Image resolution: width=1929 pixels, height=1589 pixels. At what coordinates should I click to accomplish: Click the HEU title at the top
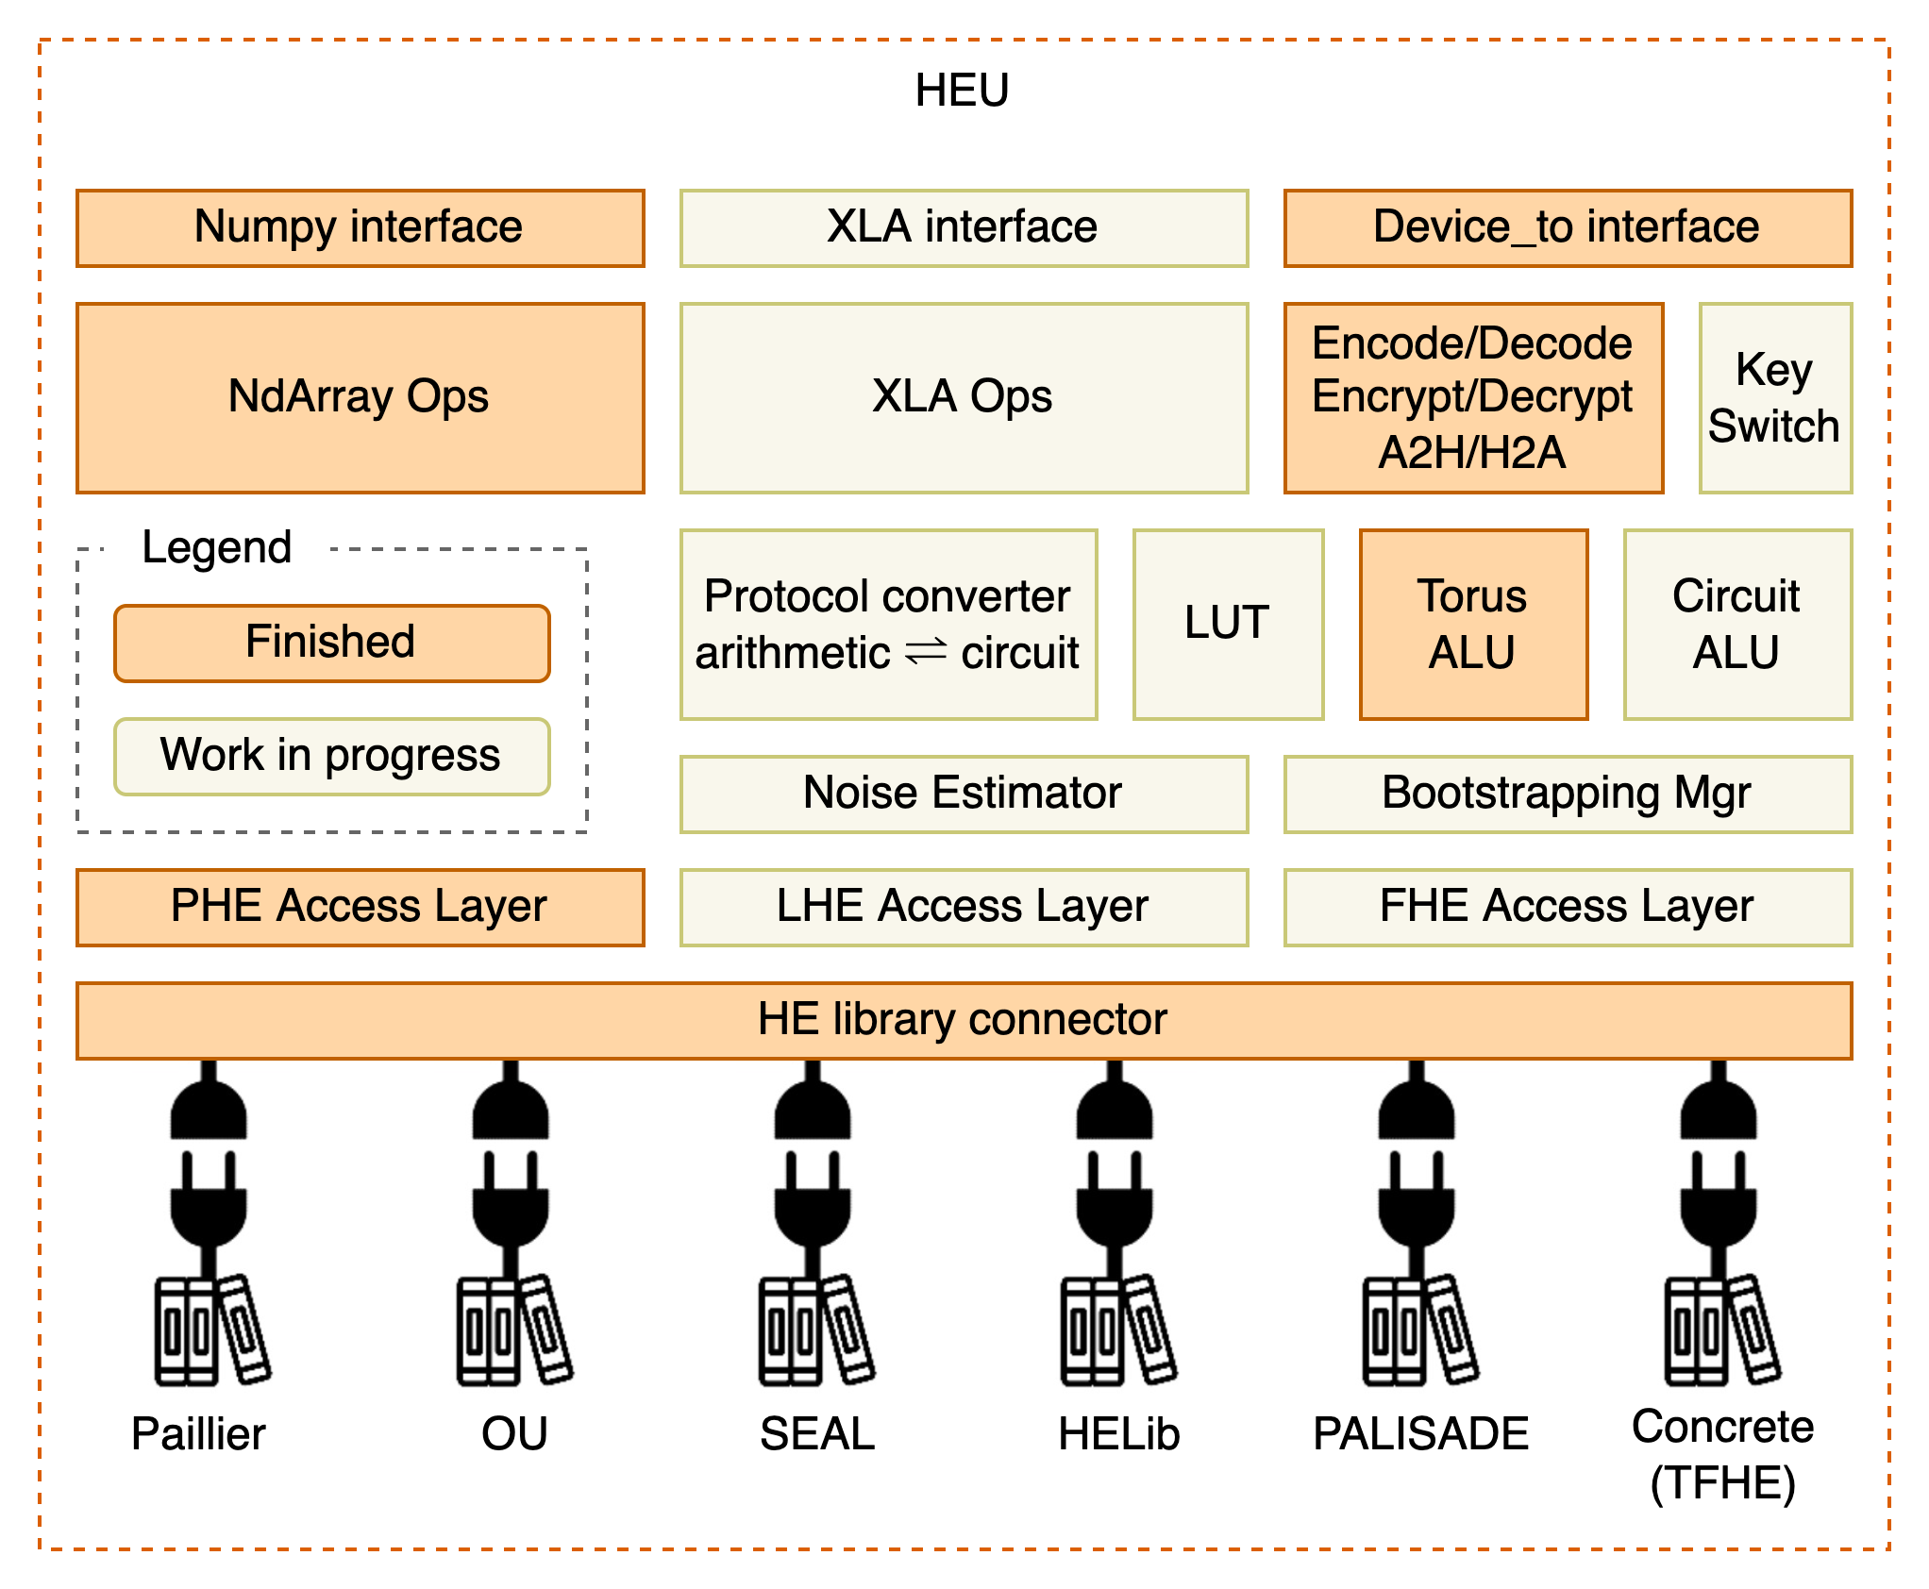point(962,91)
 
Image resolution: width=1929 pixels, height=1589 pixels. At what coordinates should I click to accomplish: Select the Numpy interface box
point(360,228)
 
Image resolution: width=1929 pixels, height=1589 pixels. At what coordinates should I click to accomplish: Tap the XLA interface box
point(964,228)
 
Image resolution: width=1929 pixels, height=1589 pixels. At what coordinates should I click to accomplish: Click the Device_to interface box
point(1568,228)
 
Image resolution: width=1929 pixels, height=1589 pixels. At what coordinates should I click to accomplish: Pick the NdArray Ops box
point(360,397)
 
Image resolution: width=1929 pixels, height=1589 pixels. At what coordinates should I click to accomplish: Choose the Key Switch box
point(1775,397)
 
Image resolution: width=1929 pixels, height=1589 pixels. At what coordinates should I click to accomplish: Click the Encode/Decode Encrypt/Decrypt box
point(1473,397)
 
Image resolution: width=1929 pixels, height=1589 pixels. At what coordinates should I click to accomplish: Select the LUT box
point(1228,624)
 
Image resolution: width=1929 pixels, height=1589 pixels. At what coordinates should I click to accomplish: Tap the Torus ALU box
point(1473,624)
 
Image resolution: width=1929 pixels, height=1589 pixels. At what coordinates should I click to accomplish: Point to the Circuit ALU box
point(1737,624)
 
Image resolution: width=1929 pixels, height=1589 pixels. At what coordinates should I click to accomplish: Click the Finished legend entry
point(331,643)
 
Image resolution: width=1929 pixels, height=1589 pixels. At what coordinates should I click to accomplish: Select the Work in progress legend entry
point(331,756)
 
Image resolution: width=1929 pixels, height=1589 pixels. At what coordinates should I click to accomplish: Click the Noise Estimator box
point(964,794)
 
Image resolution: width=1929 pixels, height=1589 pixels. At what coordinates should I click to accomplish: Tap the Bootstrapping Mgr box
point(1568,794)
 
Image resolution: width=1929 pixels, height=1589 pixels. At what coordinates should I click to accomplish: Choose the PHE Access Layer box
point(360,907)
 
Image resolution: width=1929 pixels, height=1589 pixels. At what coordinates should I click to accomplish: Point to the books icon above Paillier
point(211,1330)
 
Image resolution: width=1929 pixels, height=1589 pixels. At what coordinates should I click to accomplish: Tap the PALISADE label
point(1420,1434)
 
